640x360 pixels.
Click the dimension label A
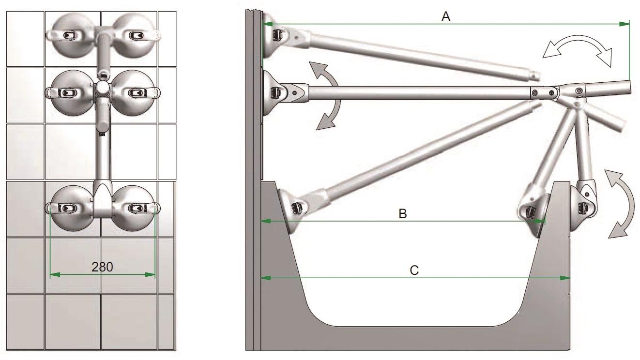point(446,16)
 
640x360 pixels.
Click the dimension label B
point(402,213)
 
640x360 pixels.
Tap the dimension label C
point(414,270)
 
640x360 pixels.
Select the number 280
point(102,267)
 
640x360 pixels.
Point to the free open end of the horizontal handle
point(629,87)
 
